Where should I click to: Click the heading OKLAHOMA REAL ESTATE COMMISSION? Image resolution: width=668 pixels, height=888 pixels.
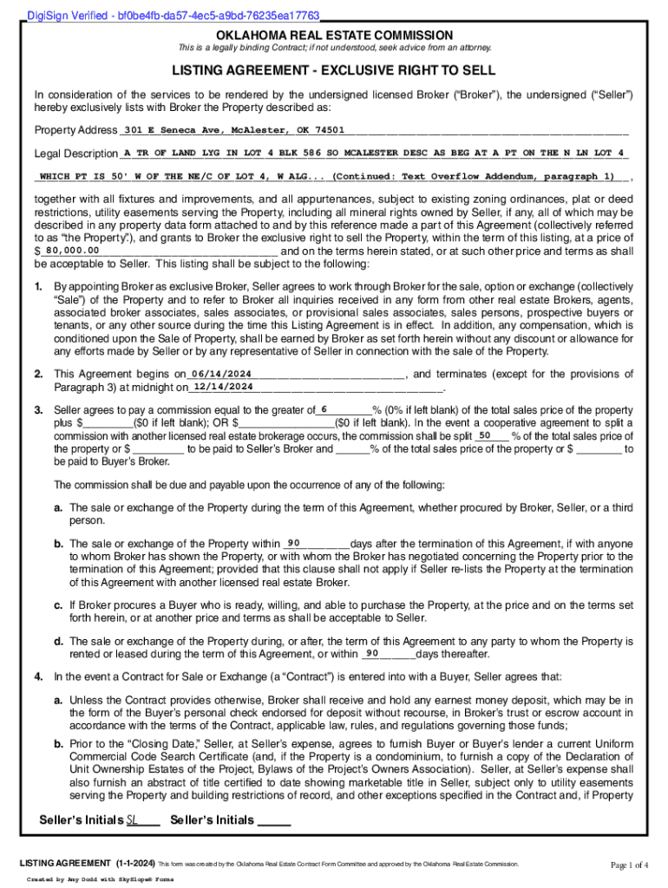click(334, 35)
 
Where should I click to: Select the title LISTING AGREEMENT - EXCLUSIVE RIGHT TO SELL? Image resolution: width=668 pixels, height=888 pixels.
click(334, 70)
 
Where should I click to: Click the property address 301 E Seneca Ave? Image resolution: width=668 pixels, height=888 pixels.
click(233, 130)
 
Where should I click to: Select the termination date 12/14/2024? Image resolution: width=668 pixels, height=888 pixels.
click(223, 386)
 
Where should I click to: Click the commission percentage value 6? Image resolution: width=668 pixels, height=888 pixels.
click(324, 408)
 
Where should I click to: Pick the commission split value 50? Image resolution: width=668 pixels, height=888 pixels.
click(485, 434)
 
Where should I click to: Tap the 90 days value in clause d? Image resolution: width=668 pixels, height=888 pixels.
click(372, 653)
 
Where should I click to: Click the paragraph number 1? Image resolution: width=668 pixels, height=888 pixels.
click(38, 285)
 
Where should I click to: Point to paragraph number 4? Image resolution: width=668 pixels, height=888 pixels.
click(38, 676)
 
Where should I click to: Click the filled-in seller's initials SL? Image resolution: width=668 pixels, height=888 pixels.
click(133, 819)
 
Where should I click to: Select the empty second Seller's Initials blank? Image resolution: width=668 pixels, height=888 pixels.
click(274, 819)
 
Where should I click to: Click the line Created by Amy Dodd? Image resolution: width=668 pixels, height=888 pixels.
click(100, 878)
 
